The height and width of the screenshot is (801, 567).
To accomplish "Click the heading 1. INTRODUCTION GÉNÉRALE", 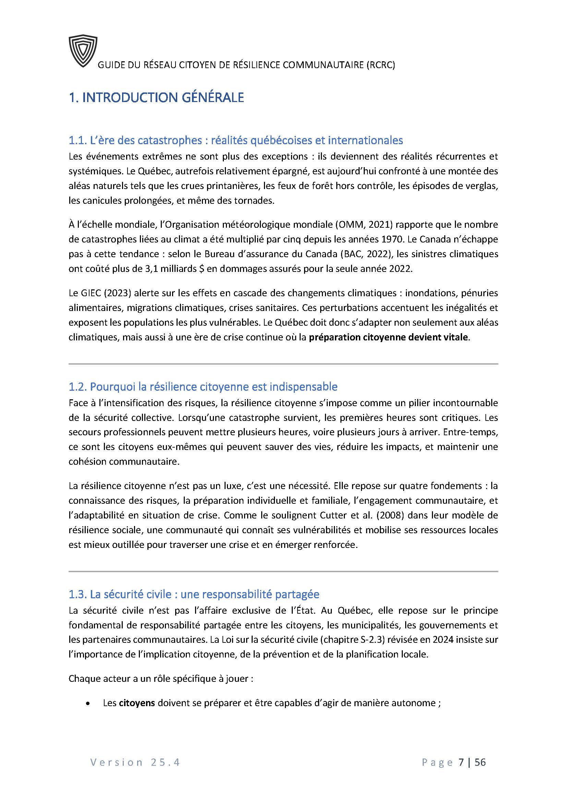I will [156, 98].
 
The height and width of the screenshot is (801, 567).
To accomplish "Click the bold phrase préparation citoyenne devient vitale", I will [389, 337].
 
